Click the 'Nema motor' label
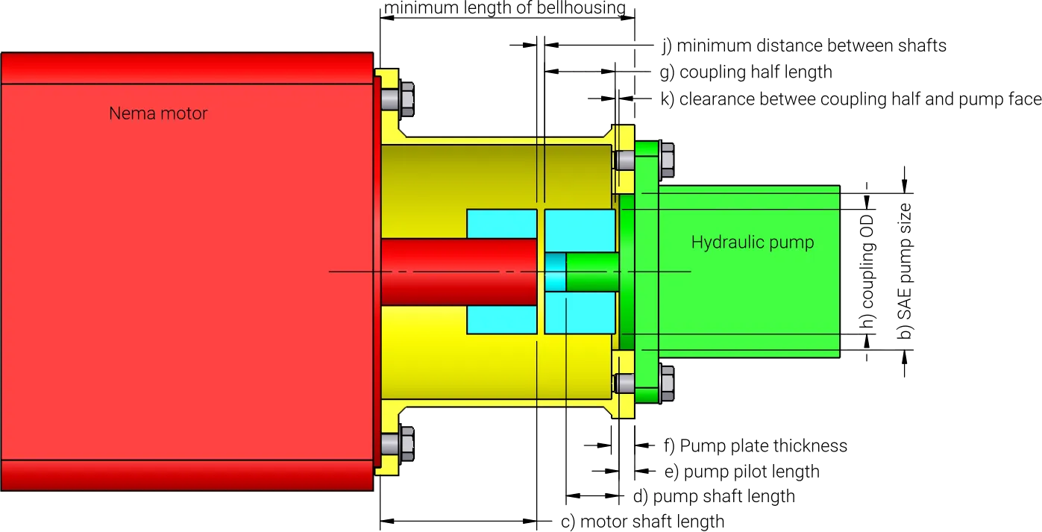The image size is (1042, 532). click(x=158, y=113)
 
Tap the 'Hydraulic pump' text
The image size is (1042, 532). click(x=753, y=242)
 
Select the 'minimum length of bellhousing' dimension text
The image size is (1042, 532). click(x=505, y=7)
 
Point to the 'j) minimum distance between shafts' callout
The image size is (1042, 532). click(x=804, y=46)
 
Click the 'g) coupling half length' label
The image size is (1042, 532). click(x=746, y=72)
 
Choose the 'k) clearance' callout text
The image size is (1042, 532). click(x=851, y=99)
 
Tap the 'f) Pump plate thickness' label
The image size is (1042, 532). click(x=756, y=446)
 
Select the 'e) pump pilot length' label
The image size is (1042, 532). click(x=742, y=472)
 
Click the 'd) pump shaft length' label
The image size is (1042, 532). click(x=714, y=496)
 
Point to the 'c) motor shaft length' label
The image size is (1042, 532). click(x=643, y=522)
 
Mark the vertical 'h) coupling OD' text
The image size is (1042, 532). click(x=868, y=272)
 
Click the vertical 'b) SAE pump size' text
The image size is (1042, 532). click(x=905, y=271)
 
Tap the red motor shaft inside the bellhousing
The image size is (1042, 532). click(x=459, y=272)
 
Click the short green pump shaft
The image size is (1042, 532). click(x=592, y=272)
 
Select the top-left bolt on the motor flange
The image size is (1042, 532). click(x=398, y=99)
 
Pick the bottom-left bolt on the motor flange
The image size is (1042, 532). click(x=398, y=443)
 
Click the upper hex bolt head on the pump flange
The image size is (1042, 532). click(x=667, y=160)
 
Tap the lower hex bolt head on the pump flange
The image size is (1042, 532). click(x=667, y=384)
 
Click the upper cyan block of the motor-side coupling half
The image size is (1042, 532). click(x=502, y=224)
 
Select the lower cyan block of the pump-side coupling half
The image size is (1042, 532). click(x=580, y=313)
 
